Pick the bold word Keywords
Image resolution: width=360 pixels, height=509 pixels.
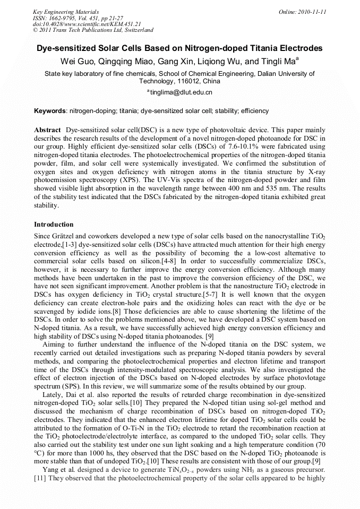click(50, 111)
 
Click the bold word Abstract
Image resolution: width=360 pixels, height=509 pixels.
click(47, 130)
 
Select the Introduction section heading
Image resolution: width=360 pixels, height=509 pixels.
click(54, 225)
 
